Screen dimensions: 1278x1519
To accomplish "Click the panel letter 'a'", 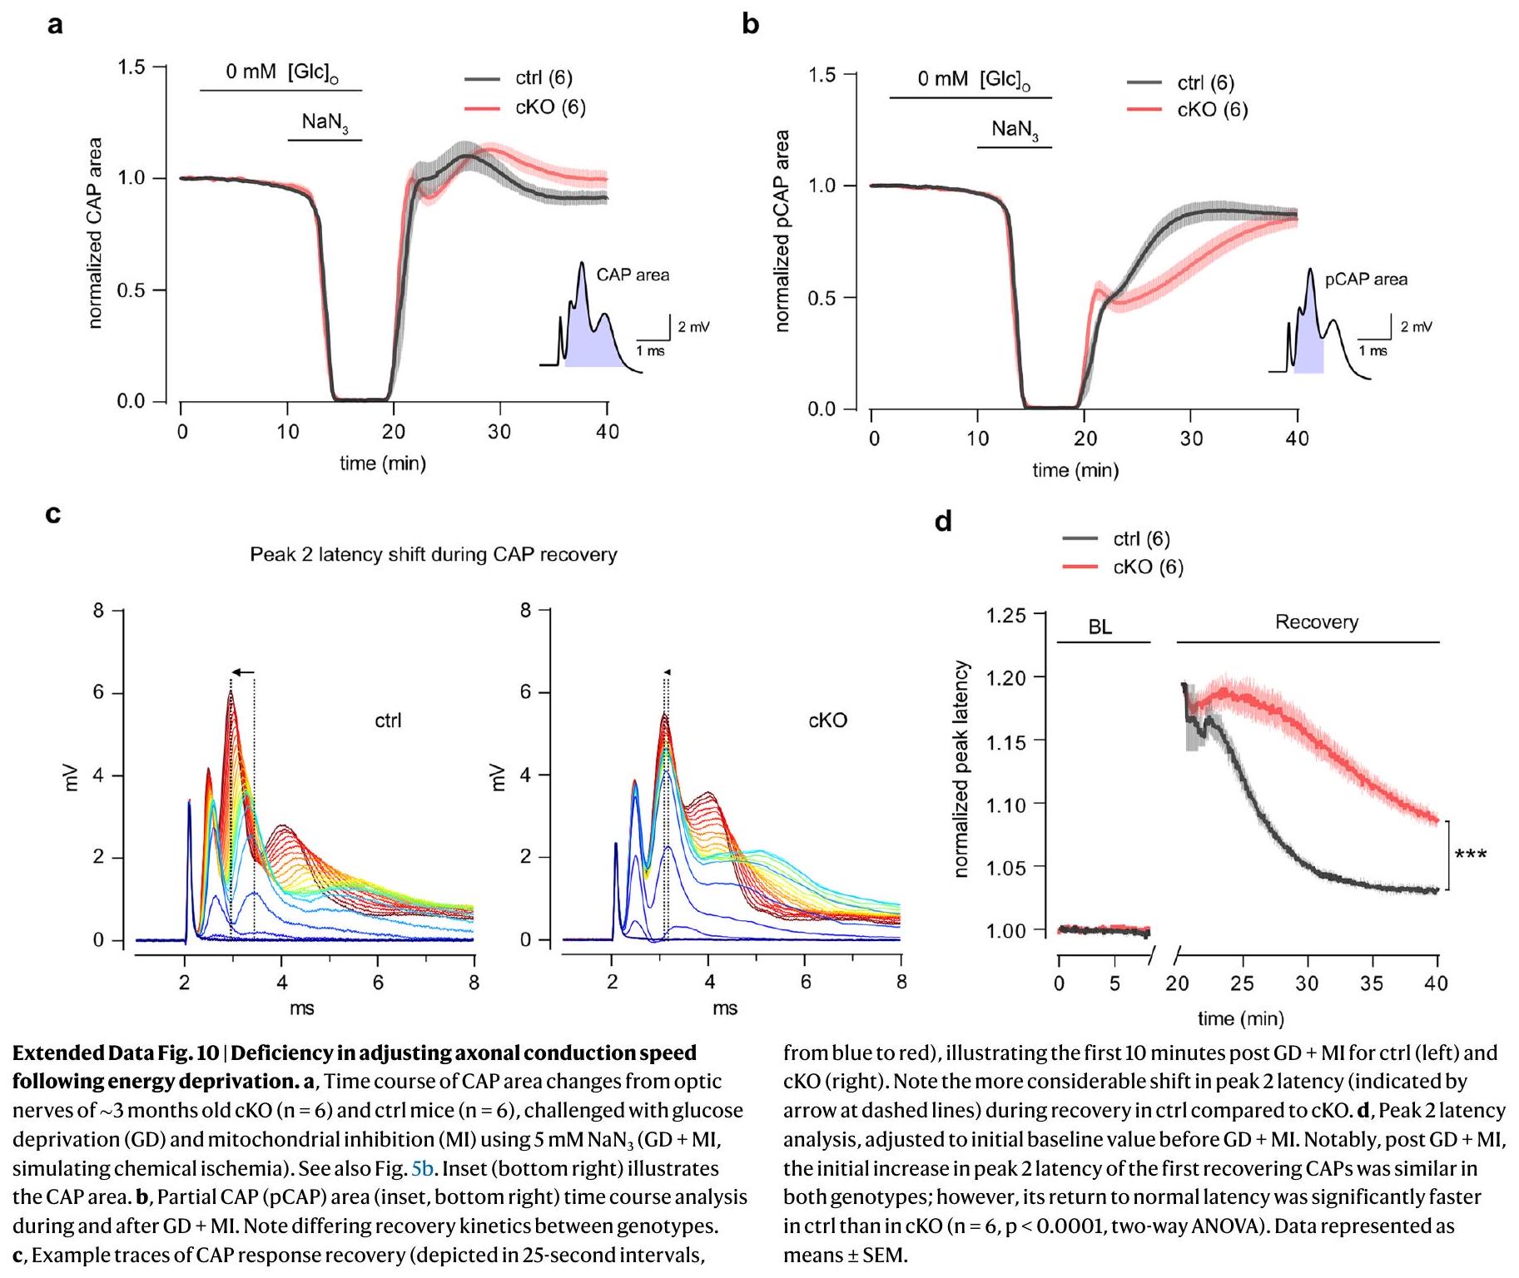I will [55, 25].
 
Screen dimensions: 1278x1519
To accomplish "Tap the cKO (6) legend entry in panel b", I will [1211, 110].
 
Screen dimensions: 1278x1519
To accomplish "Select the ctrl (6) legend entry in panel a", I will [543, 78].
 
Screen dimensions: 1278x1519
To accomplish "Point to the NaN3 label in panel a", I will [325, 122].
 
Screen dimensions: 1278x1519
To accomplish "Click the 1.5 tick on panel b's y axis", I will [822, 76].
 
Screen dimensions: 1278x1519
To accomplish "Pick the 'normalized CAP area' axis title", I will [95, 233].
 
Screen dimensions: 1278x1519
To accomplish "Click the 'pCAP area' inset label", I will [1366, 280].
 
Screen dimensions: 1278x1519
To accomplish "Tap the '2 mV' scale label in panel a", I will [693, 327].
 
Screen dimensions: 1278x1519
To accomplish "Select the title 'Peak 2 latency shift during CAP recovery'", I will [434, 555].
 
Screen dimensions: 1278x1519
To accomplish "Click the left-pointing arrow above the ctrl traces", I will [243, 672].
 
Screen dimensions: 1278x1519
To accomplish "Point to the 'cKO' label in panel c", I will [827, 721].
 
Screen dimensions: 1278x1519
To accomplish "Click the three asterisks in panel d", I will [1470, 855].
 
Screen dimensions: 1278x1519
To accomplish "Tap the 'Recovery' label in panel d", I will [1316, 622].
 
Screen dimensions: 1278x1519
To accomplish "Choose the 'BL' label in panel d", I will [1100, 627].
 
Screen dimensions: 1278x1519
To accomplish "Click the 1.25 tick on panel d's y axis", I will [1005, 616].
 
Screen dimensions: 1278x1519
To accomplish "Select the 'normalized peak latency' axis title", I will [962, 770].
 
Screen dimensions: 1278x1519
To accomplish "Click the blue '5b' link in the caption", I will [422, 1169].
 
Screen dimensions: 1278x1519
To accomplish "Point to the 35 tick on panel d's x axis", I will [1372, 983].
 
